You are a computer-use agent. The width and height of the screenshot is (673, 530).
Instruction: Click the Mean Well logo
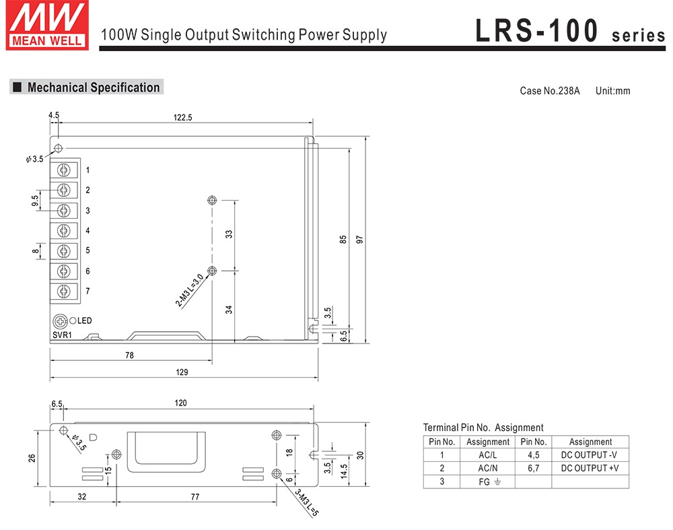pos(46,24)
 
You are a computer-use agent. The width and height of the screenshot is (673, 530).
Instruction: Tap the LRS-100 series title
pos(569,31)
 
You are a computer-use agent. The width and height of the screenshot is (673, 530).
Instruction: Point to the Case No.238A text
pos(549,91)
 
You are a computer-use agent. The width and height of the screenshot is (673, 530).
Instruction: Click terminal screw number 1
pos(64,170)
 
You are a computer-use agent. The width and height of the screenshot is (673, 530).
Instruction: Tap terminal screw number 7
pos(64,291)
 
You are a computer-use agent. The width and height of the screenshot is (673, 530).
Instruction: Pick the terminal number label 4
pos(87,231)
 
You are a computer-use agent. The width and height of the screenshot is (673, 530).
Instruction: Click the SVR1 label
pos(62,335)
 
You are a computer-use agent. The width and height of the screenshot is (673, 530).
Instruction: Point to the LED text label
pos(84,321)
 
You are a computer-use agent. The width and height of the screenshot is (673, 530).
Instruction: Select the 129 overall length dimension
pos(182,372)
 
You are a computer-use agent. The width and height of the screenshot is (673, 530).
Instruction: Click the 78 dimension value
pos(129,355)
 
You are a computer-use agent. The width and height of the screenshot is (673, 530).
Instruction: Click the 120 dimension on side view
pos(181,403)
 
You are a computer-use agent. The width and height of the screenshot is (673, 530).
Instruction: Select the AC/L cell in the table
pos(487,455)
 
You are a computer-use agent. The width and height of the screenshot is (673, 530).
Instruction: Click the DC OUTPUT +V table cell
pos(590,468)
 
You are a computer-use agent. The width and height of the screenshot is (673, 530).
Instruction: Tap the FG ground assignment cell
pos(487,482)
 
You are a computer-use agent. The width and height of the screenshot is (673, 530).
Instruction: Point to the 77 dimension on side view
pos(195,497)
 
